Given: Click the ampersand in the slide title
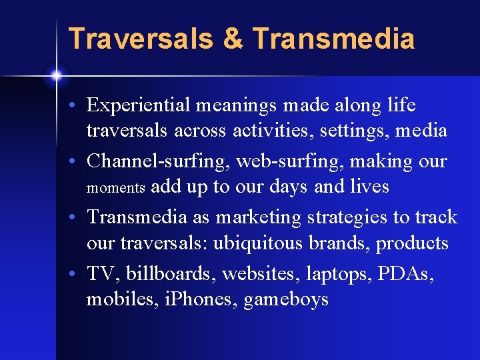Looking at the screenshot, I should [234, 39].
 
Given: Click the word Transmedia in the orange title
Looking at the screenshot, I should [334, 39].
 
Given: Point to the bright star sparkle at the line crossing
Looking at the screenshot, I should [56, 75].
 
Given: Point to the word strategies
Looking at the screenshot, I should [348, 217].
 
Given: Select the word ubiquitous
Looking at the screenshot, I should [258, 243].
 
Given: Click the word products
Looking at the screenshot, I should [412, 243].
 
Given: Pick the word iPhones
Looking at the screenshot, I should [203, 299].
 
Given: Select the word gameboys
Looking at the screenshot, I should [286, 300].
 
